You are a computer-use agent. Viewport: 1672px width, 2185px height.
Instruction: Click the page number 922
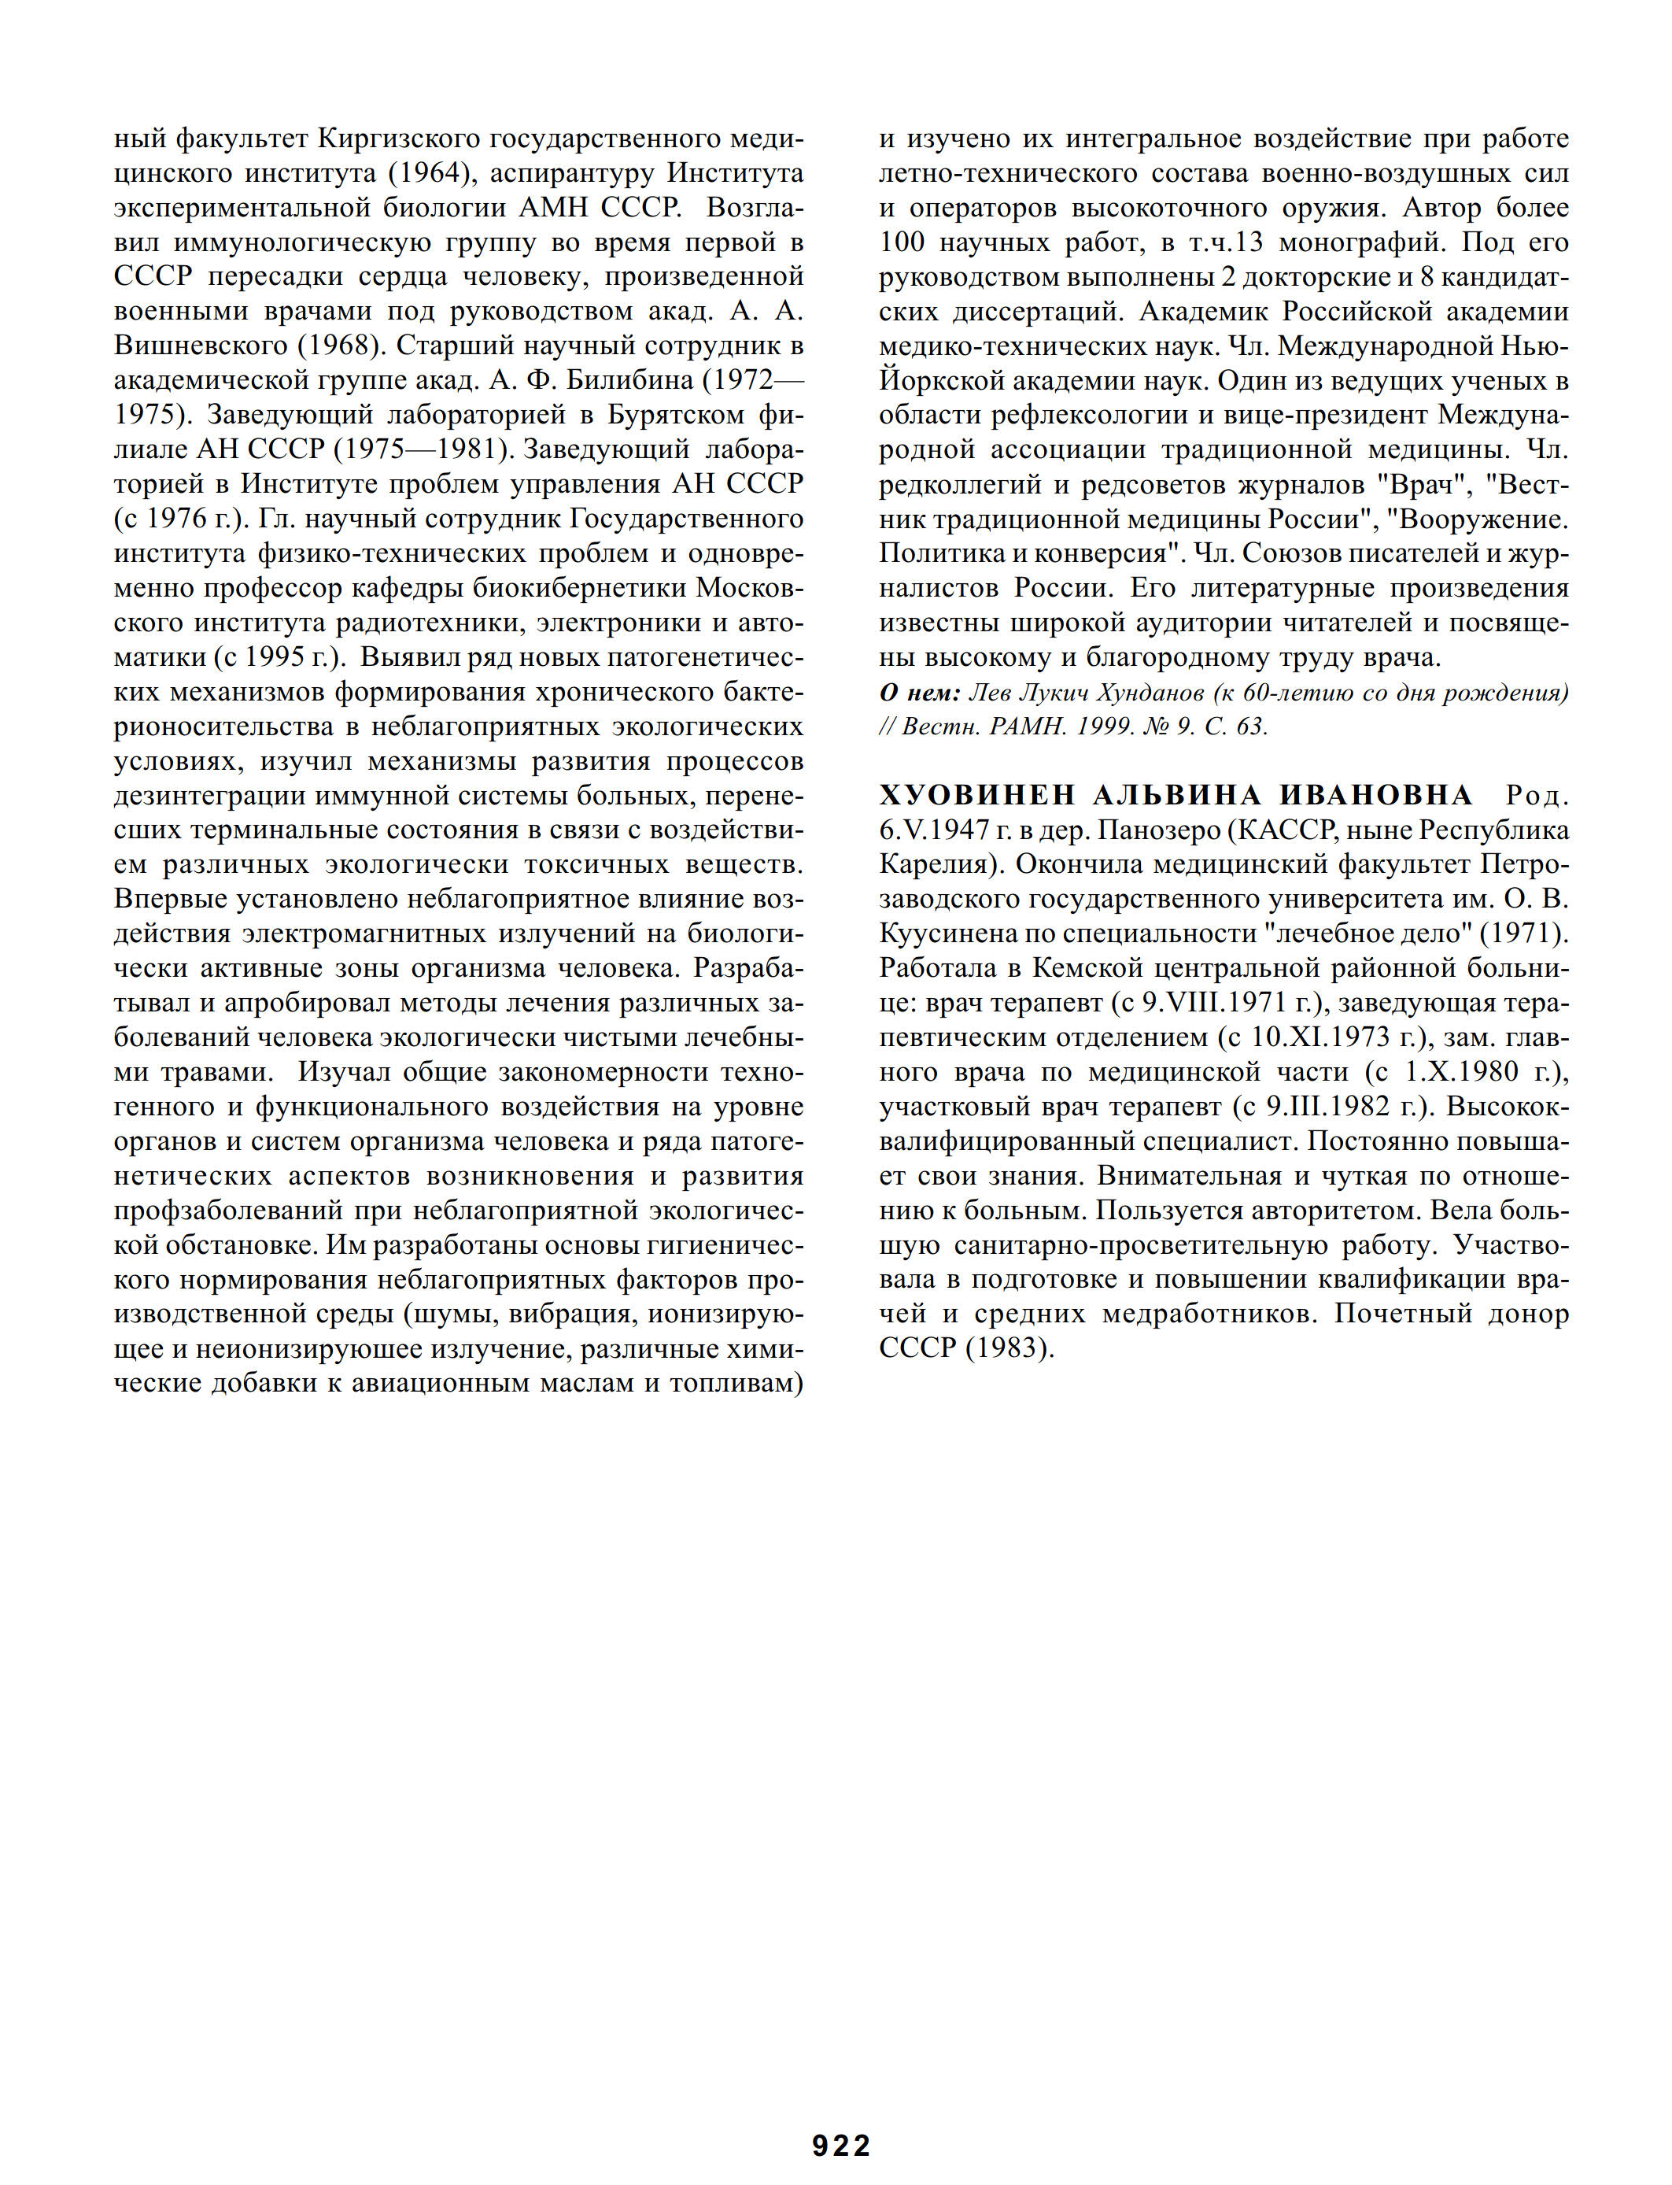[x=841, y=2144]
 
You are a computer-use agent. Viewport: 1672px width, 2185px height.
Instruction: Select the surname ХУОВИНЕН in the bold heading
[x=976, y=794]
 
